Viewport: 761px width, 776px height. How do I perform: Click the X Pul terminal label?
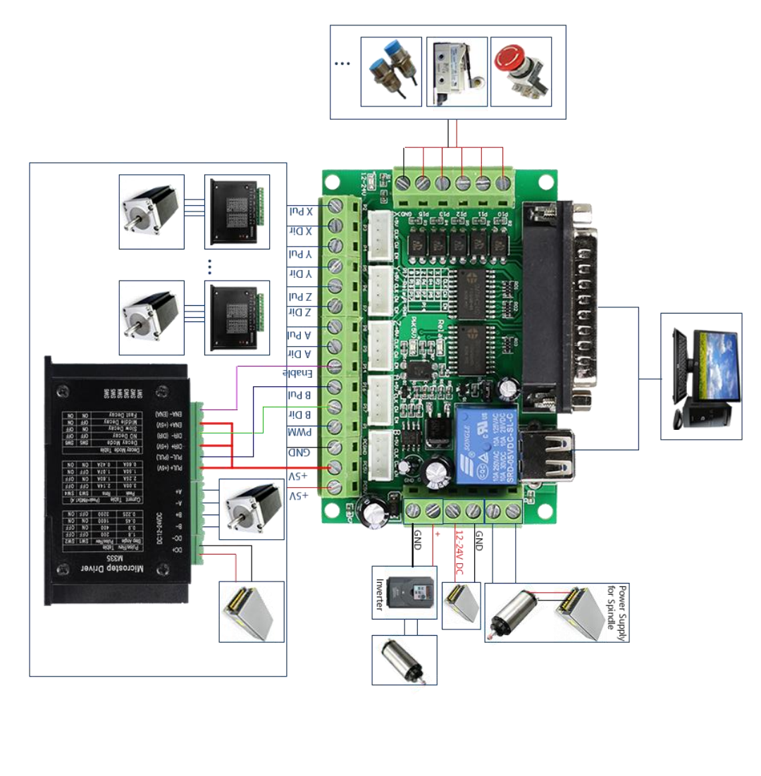(300, 211)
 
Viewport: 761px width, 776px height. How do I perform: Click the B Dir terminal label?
(300, 414)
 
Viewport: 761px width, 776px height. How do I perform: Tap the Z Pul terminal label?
(300, 295)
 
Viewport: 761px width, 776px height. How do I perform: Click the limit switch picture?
(457, 72)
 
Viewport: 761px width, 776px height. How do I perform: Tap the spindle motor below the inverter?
(404, 660)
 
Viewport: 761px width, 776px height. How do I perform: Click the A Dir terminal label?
(300, 353)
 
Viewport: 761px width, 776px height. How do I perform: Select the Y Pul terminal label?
(300, 253)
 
